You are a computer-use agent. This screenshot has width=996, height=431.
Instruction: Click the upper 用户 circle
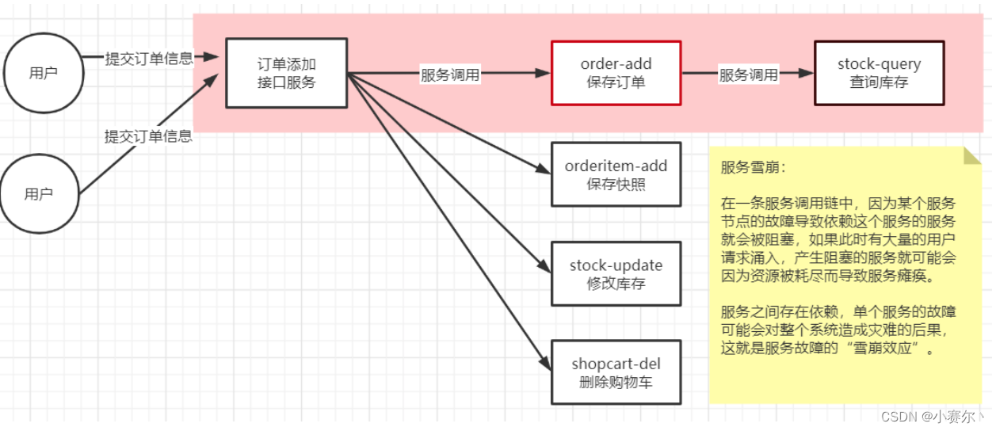pos(43,73)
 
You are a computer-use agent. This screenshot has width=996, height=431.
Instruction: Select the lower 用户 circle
pos(39,194)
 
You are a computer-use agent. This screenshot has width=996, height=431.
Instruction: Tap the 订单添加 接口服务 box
pos(286,73)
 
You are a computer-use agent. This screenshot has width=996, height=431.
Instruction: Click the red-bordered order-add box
pos(616,73)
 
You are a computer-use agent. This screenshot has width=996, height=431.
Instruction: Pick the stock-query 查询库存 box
pos(879,73)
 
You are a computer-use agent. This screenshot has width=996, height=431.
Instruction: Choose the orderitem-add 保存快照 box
pos(616,175)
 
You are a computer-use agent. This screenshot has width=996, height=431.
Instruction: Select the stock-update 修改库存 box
pos(616,274)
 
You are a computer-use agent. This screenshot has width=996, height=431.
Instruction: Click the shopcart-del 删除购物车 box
pos(616,373)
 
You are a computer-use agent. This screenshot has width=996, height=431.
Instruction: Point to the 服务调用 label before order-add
pos(450,75)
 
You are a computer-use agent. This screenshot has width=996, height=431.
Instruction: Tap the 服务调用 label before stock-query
pos(748,75)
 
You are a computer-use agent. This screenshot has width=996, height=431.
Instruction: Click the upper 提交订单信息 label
pos(149,59)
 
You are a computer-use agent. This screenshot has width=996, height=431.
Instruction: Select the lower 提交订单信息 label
pos(148,136)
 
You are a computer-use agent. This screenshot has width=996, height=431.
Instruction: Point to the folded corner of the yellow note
pos(972,154)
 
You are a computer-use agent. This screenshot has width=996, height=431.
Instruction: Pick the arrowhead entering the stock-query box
pos(807,73)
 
